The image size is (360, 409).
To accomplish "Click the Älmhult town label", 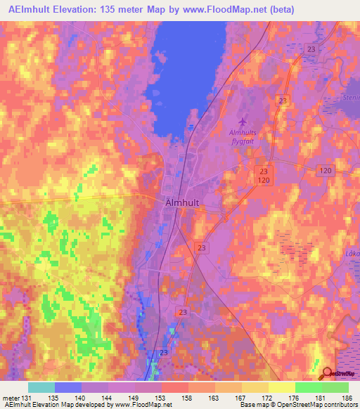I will tap(186, 202).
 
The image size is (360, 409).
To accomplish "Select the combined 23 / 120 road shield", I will tap(264, 176).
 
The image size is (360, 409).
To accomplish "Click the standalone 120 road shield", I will tap(324, 171).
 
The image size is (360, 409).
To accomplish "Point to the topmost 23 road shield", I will tap(312, 49).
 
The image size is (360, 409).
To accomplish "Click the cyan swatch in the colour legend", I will tap(41, 387).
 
